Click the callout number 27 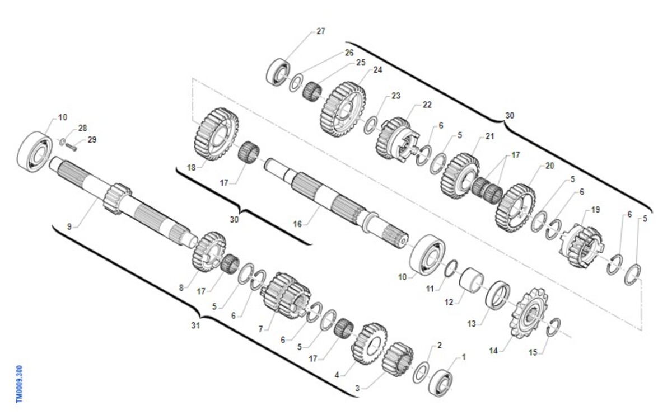coord(321,31)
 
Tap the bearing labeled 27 coord(278,72)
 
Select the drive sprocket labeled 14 coord(528,313)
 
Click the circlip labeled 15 coord(553,327)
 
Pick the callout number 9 coord(69,226)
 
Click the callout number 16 coord(297,224)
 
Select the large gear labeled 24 coord(343,109)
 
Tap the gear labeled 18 coord(216,134)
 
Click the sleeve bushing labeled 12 coord(472,280)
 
